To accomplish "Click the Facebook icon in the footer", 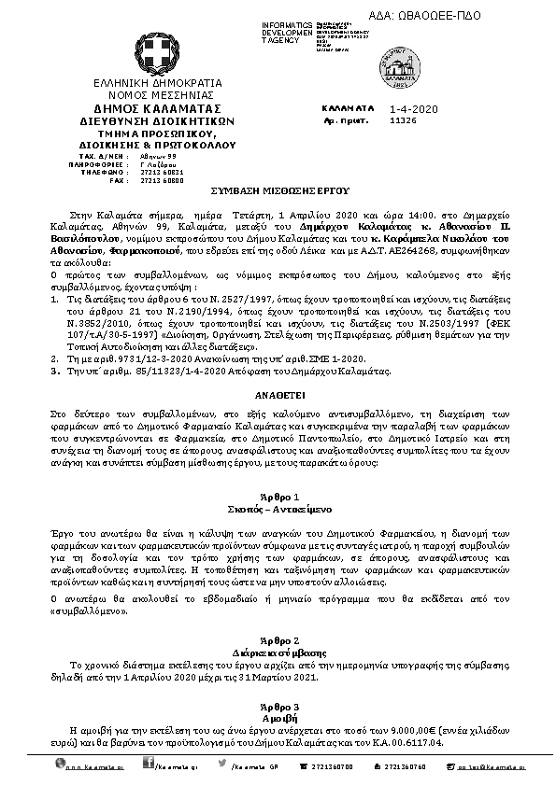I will [x=148, y=765].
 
